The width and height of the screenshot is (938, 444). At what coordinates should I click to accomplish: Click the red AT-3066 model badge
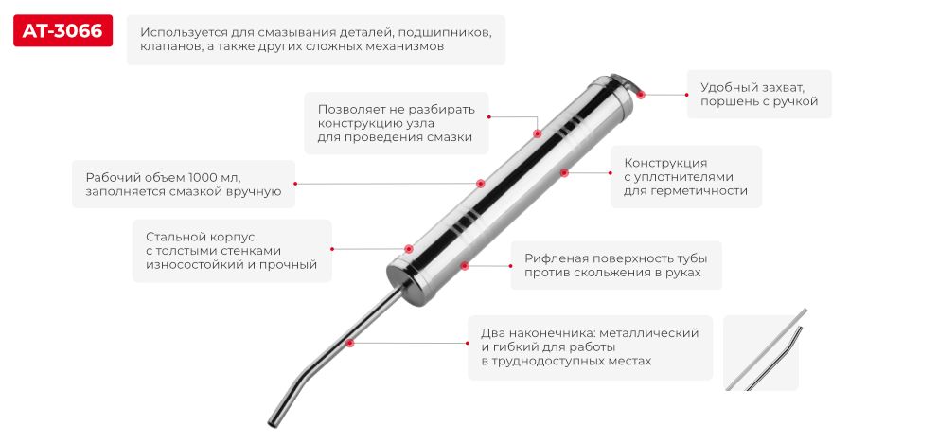(62, 32)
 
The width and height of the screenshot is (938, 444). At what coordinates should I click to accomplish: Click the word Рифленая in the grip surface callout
(554, 258)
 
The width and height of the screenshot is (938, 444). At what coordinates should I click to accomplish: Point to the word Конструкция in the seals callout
(665, 162)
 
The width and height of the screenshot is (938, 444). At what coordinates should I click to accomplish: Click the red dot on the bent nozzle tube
(350, 343)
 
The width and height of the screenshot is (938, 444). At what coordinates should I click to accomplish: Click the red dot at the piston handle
(641, 94)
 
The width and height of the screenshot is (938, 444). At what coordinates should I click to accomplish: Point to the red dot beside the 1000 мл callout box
(295, 184)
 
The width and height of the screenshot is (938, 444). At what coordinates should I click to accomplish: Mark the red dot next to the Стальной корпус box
(332, 249)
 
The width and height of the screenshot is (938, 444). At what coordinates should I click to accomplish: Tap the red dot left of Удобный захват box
(685, 94)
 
